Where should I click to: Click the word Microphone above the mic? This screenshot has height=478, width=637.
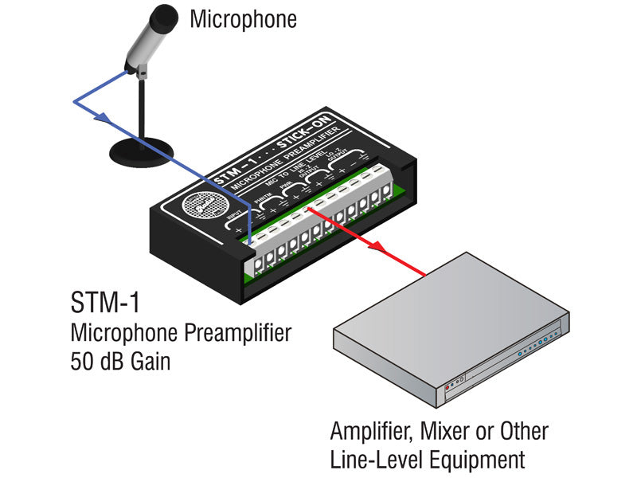pyautogui.click(x=243, y=18)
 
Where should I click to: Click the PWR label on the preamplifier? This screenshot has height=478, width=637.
pyautogui.click(x=285, y=192)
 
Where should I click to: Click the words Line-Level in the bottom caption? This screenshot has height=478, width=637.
pyautogui.click(x=376, y=460)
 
